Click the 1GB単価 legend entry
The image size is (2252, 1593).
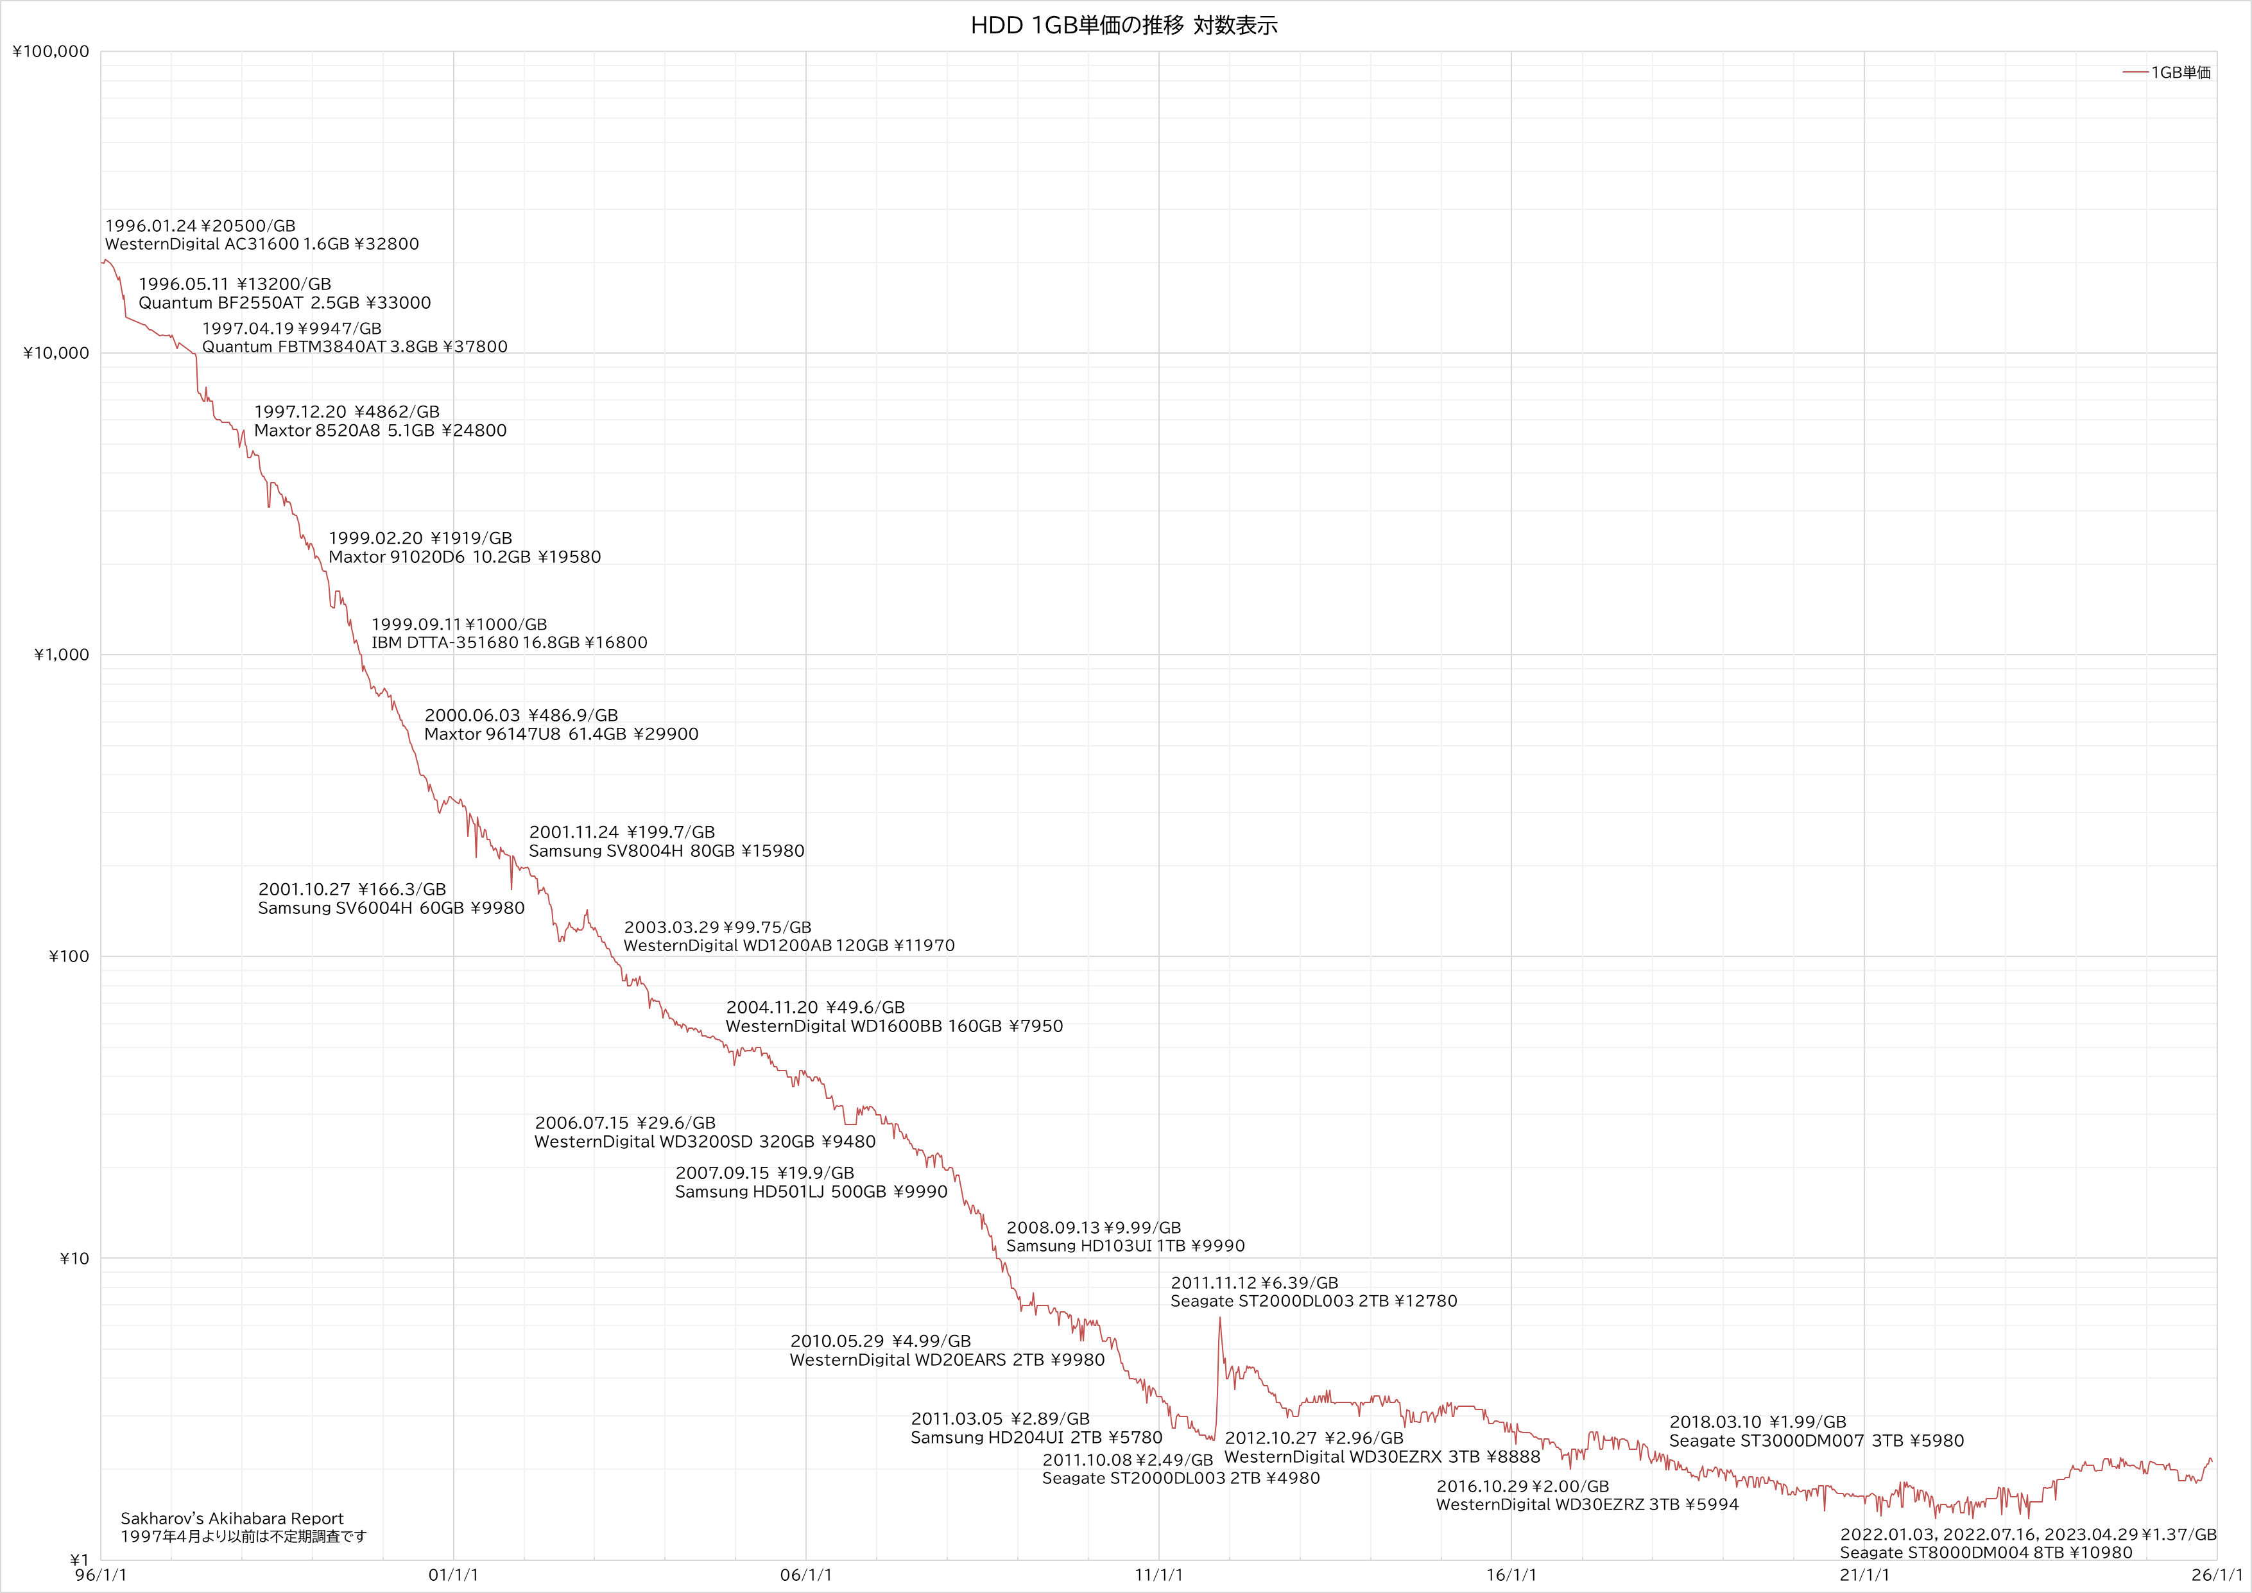coord(2180,73)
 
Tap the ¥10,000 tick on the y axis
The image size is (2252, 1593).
coord(56,353)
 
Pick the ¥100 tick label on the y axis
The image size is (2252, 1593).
coord(67,956)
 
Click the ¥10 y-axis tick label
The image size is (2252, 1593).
coord(74,1259)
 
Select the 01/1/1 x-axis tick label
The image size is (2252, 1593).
coord(453,1575)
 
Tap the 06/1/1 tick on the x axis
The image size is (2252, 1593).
coord(806,1575)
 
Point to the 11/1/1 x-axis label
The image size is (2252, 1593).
coord(1158,1575)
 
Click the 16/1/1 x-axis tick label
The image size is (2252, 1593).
coord(1511,1575)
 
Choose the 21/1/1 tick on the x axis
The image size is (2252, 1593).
coord(1864,1575)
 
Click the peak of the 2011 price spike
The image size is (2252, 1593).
coord(1219,1318)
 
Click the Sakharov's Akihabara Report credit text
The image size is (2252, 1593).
coord(232,1519)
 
